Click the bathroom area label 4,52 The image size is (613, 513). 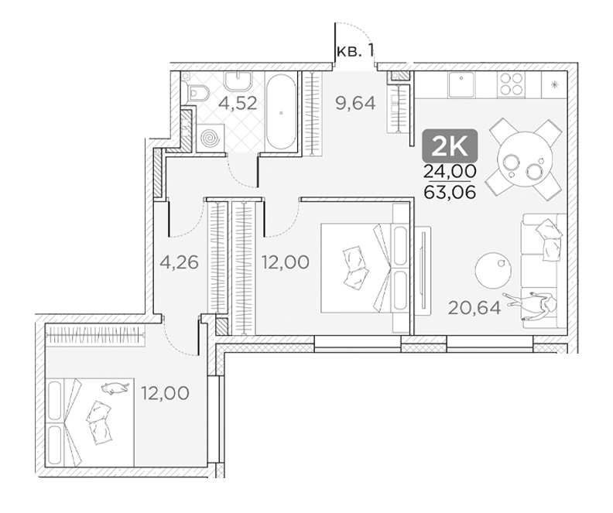238,104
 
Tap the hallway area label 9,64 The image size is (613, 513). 356,104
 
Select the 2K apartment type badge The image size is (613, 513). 450,145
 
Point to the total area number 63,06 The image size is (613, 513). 450,191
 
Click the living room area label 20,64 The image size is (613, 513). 474,308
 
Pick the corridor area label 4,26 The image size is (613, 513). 180,262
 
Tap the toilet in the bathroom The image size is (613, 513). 197,94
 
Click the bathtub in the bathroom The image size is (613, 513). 281,111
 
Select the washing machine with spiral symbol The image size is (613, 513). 211,138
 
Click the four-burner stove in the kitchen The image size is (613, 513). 511,84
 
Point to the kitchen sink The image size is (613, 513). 461,84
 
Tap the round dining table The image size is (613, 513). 525,160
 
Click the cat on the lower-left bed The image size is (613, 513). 115,387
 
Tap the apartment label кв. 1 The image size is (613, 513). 355,51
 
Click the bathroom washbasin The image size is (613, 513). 238,82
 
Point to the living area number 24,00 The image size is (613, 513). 450,171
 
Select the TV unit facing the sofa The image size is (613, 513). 423,270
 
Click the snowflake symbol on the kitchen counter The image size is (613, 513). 554,85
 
